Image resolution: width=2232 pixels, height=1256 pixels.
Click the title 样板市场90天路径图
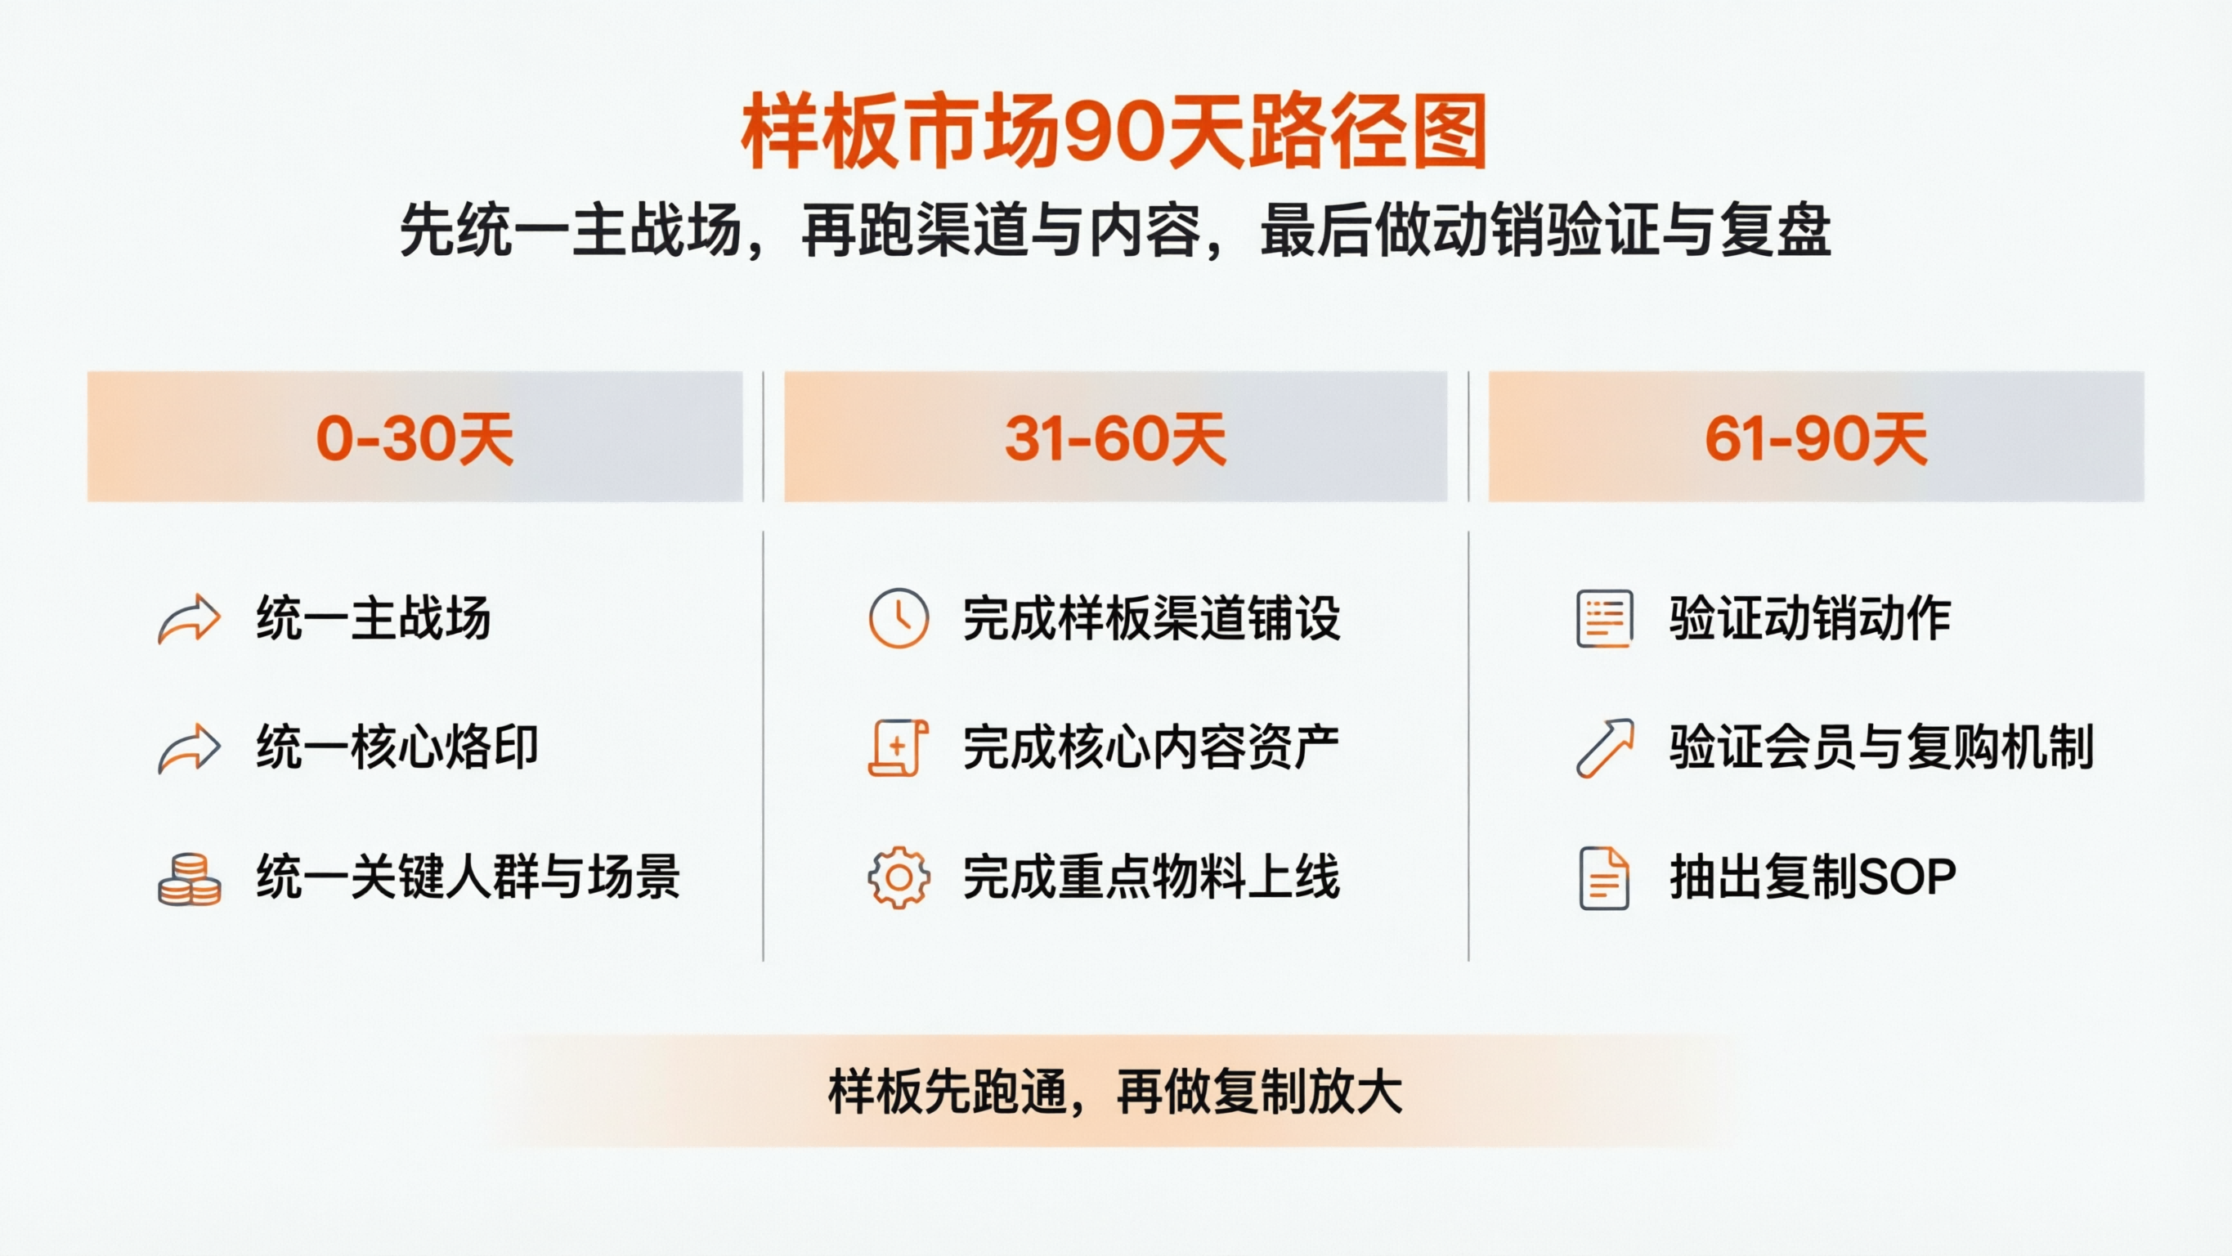[1114, 132]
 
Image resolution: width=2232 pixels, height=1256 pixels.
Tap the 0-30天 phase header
[415, 437]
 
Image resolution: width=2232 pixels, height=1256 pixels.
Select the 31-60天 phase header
[1115, 437]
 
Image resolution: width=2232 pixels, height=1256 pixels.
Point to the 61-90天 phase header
[1816, 437]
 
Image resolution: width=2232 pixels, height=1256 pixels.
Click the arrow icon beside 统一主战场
[189, 619]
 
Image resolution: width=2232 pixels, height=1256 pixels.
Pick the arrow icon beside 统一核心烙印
[189, 748]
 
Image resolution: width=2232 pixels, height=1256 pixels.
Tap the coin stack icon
[189, 879]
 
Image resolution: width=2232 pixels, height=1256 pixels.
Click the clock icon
[899, 619]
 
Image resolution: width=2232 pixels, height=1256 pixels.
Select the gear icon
[899, 878]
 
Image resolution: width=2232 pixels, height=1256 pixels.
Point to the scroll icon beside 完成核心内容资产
[898, 747]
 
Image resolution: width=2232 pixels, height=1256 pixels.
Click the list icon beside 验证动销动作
[1605, 619]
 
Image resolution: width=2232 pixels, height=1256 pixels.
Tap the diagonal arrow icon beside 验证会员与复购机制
[1605, 748]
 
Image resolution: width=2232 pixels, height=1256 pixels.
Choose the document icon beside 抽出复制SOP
[1604, 878]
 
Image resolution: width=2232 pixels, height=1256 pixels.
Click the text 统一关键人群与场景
[468, 877]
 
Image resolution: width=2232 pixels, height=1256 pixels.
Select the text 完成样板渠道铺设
[1151, 619]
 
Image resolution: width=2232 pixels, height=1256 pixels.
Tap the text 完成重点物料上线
[1151, 877]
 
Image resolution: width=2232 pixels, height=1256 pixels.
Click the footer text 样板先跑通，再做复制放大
[1115, 1092]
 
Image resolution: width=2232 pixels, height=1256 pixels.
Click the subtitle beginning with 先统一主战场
[1115, 231]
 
